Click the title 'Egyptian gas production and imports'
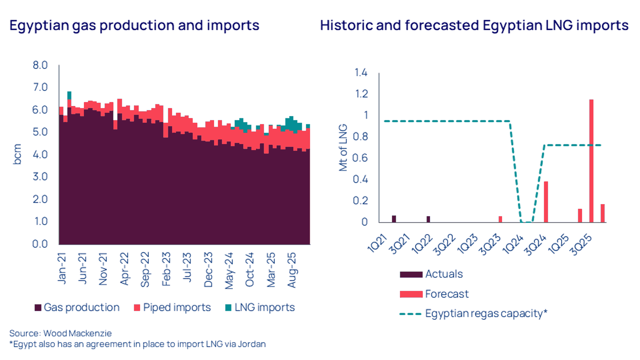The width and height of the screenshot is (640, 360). [x=134, y=26]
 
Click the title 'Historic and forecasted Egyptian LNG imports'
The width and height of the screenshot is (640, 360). [x=474, y=26]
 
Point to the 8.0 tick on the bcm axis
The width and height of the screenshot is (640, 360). [x=40, y=65]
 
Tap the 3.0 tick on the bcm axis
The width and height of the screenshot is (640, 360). [x=40, y=177]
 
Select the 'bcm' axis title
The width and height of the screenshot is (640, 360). [x=17, y=154]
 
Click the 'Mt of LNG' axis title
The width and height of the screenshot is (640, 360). [x=343, y=148]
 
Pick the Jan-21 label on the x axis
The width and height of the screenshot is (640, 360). [x=62, y=269]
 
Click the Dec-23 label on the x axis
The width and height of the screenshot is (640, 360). [x=208, y=270]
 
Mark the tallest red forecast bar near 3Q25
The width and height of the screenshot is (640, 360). [x=591, y=160]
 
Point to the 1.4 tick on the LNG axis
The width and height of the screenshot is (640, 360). [x=361, y=73]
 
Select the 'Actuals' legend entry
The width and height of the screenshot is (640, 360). [x=444, y=274]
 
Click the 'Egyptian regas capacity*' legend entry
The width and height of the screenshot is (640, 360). [x=486, y=313]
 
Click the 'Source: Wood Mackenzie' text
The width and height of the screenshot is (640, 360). [x=60, y=333]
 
